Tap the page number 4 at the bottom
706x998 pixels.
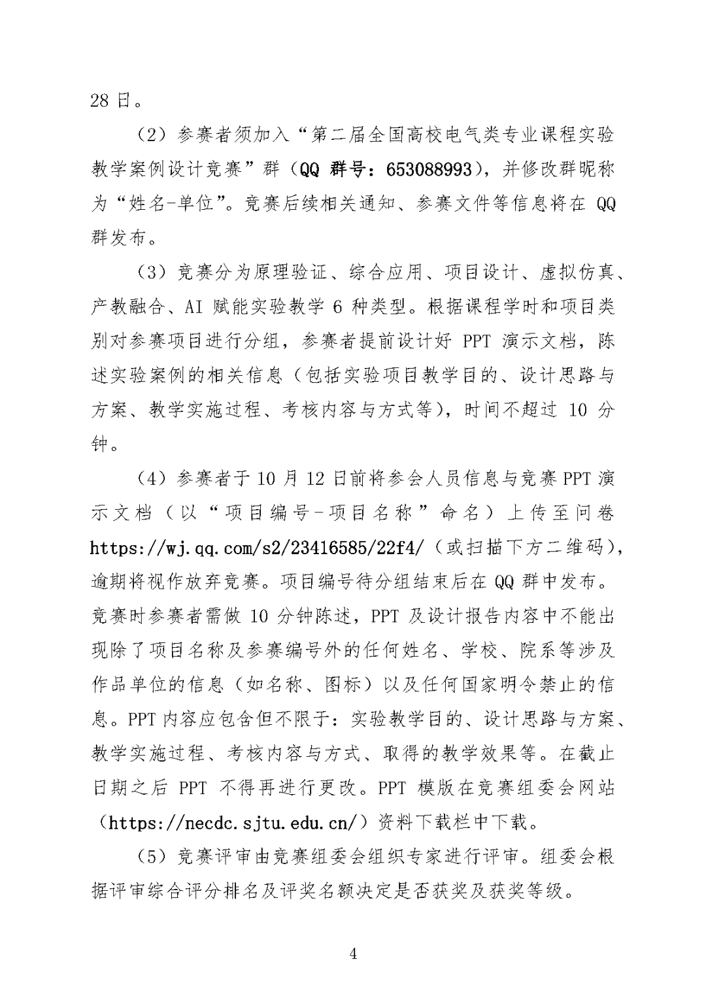pos(353,954)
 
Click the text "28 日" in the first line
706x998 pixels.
pos(109,101)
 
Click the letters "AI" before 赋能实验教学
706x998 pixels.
pos(196,307)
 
